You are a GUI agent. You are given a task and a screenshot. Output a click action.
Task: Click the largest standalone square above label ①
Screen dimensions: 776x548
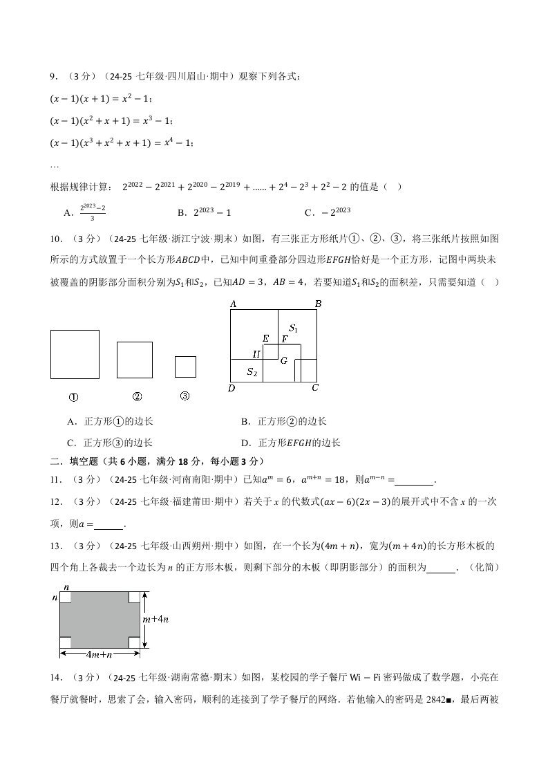[75, 354]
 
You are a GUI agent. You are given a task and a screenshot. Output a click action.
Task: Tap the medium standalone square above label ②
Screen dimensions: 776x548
[134, 360]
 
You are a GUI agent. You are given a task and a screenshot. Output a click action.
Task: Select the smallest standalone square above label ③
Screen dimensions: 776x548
[185, 367]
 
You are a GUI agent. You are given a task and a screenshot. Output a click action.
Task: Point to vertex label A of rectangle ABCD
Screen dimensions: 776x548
[233, 304]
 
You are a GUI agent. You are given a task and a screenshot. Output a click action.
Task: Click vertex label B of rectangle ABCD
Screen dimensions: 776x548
[318, 304]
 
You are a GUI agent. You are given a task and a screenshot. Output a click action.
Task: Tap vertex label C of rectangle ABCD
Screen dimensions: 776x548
[315, 388]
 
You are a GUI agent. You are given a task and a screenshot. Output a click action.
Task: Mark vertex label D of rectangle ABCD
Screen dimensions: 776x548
[232, 389]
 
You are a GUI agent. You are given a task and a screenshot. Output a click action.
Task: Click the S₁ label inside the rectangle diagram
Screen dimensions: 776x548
[293, 329]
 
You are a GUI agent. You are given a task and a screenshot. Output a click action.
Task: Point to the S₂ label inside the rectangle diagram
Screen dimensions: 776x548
[252, 372]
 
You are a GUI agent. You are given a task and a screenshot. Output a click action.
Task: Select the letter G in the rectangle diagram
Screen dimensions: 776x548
[283, 360]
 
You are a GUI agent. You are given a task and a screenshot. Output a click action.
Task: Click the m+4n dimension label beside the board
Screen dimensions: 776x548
[156, 620]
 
